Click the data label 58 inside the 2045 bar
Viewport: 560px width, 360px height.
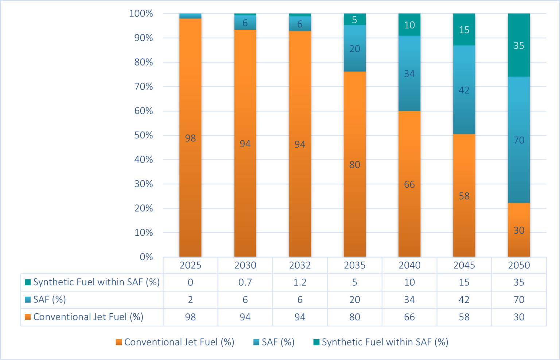click(x=464, y=196)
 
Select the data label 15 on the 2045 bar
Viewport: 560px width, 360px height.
click(x=464, y=30)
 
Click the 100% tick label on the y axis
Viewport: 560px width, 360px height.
click(x=141, y=13)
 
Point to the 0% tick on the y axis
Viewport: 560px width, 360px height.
click(x=146, y=257)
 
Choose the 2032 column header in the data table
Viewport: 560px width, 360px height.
click(x=300, y=265)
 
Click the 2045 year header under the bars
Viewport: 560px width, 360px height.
click(x=464, y=265)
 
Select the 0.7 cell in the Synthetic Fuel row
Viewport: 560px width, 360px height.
click(x=245, y=282)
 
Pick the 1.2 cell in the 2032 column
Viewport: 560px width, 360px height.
click(x=300, y=282)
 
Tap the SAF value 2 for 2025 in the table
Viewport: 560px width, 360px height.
click(x=190, y=300)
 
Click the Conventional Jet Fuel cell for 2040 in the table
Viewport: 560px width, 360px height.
click(x=409, y=317)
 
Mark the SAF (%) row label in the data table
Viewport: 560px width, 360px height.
click(x=50, y=300)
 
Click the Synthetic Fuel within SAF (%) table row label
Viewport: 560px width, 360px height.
click(x=96, y=282)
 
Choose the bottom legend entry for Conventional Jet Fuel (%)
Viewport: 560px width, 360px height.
click(x=179, y=342)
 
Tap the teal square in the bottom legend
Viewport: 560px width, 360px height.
click(x=316, y=342)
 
